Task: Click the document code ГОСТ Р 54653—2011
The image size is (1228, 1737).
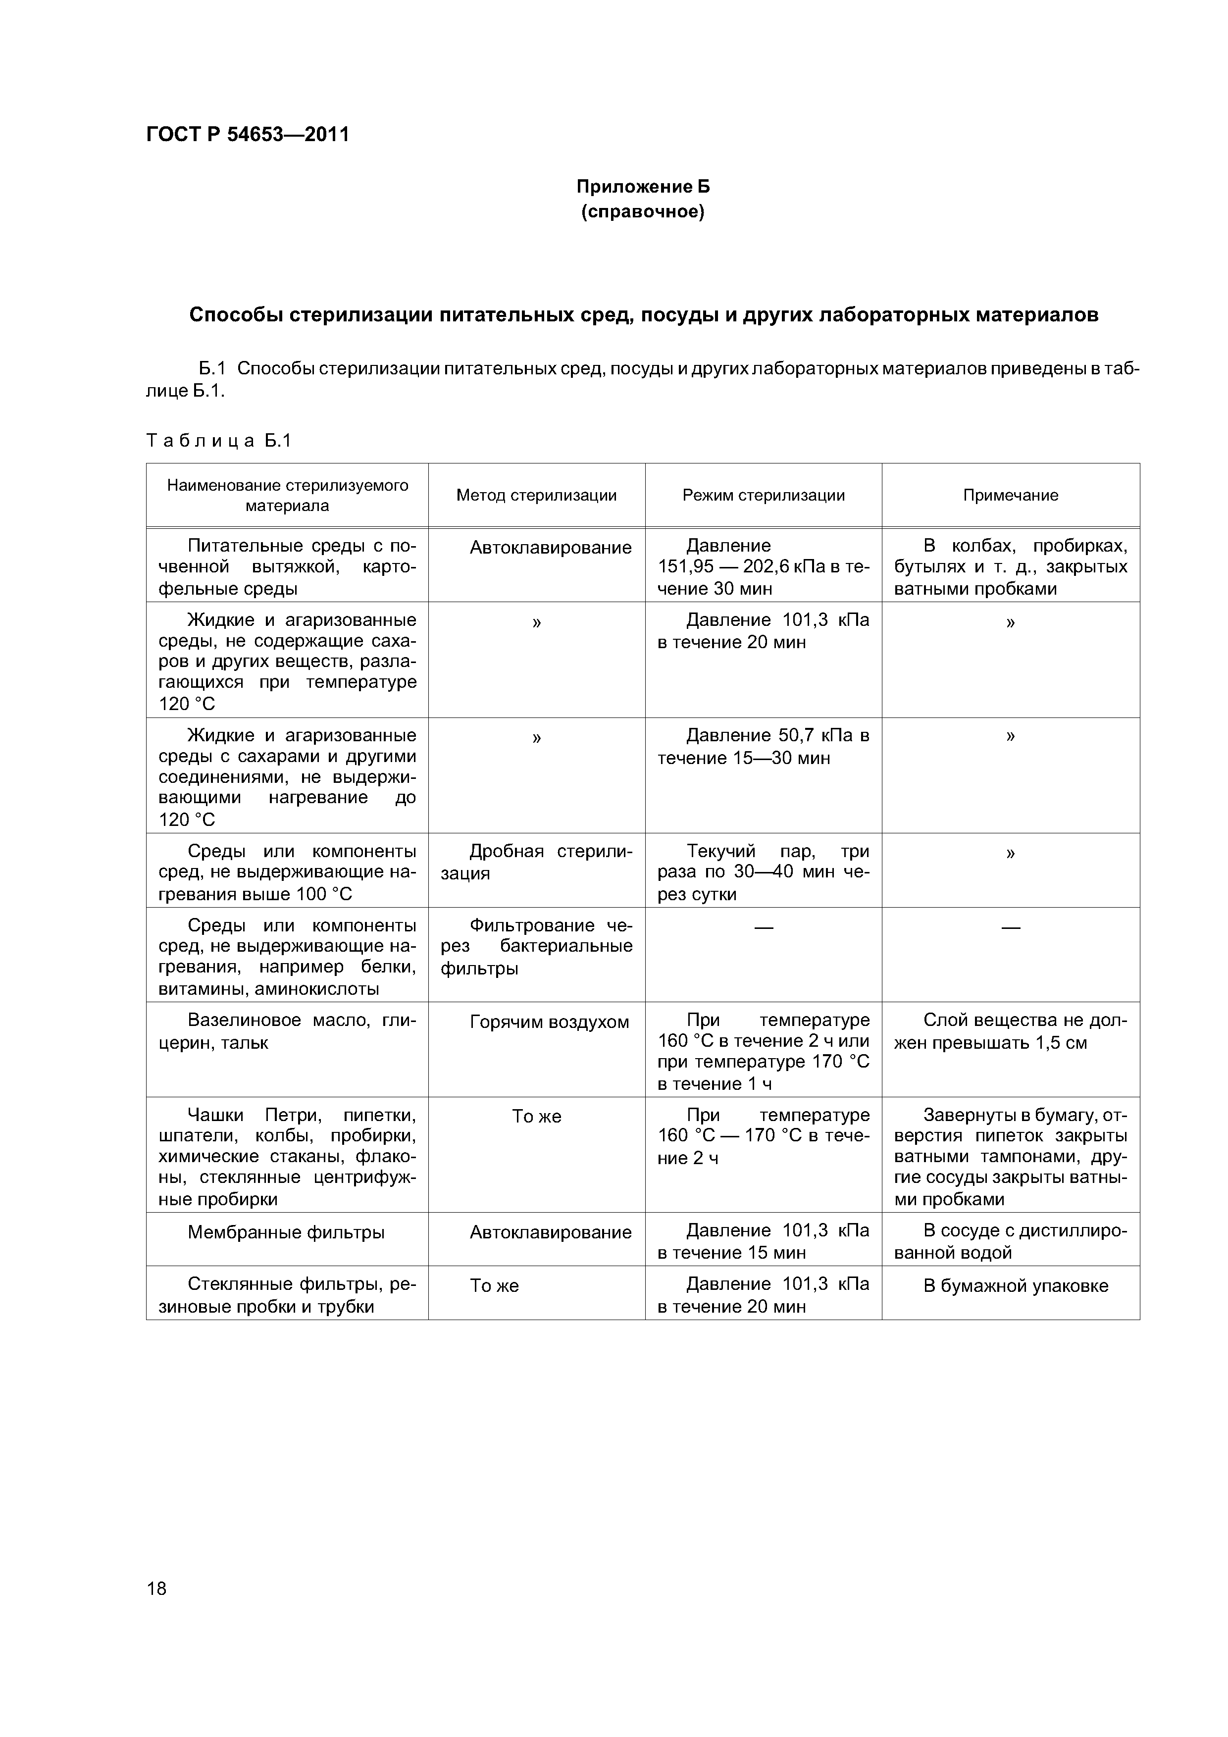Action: pyautogui.click(x=248, y=135)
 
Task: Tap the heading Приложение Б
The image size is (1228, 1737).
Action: pyautogui.click(x=643, y=186)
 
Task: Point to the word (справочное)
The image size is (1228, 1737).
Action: pyautogui.click(x=643, y=212)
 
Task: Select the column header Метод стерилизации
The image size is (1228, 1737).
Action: pyautogui.click(x=536, y=496)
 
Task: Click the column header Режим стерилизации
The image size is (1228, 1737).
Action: pyautogui.click(x=764, y=496)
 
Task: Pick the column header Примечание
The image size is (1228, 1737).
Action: pyautogui.click(x=1010, y=496)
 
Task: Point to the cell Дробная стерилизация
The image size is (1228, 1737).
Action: pyautogui.click(x=536, y=863)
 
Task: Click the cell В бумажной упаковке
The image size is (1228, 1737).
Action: pyautogui.click(x=1016, y=1286)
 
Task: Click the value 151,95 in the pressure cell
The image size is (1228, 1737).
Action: pyautogui.click(x=685, y=567)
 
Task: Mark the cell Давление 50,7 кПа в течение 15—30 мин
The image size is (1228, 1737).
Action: pyautogui.click(x=764, y=747)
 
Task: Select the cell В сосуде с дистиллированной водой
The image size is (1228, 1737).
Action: pyautogui.click(x=1010, y=1242)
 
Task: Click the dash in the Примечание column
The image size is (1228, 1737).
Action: pyautogui.click(x=1010, y=927)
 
